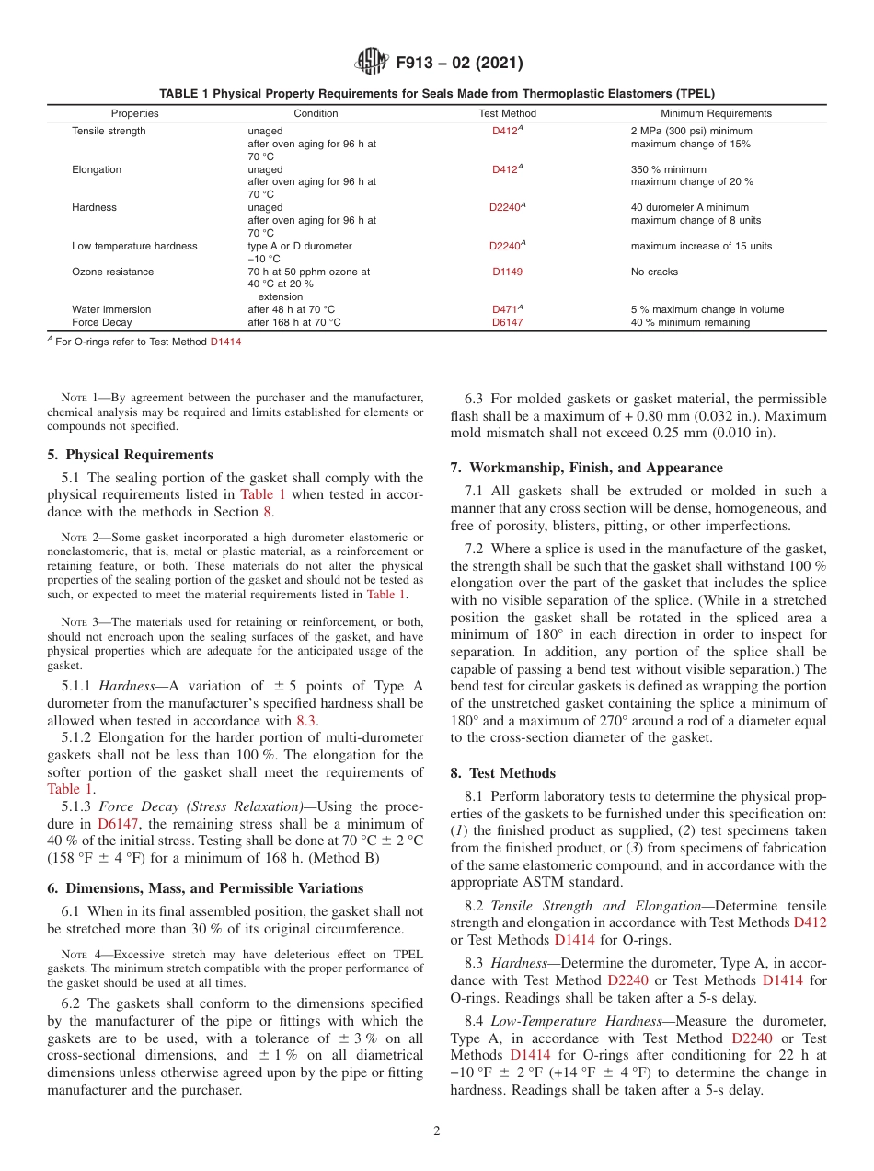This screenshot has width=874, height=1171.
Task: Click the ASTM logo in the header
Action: pyautogui.click(x=372, y=63)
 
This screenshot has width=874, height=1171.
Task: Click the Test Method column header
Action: pyautogui.click(x=507, y=113)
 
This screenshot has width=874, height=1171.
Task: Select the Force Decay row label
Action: pyautogui.click(x=101, y=322)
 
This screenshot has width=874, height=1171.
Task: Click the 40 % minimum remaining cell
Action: pyautogui.click(x=690, y=322)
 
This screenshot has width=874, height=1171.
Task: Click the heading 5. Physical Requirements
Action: pyautogui.click(x=130, y=455)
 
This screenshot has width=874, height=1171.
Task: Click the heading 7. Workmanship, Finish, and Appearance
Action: pyautogui.click(x=586, y=468)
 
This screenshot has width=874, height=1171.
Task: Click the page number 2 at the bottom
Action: pyautogui.click(x=437, y=1131)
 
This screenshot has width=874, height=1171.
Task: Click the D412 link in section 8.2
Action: pyautogui.click(x=810, y=922)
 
